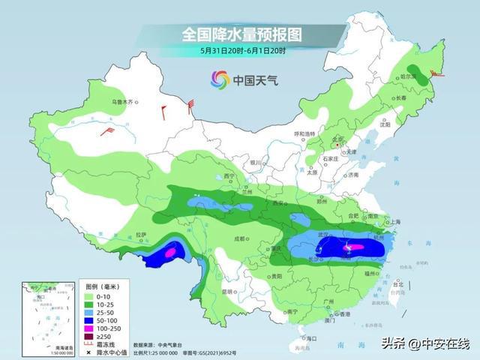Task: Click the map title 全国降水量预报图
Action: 240,34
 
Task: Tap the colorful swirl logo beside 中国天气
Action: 220,79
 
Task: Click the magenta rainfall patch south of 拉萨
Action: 171,253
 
